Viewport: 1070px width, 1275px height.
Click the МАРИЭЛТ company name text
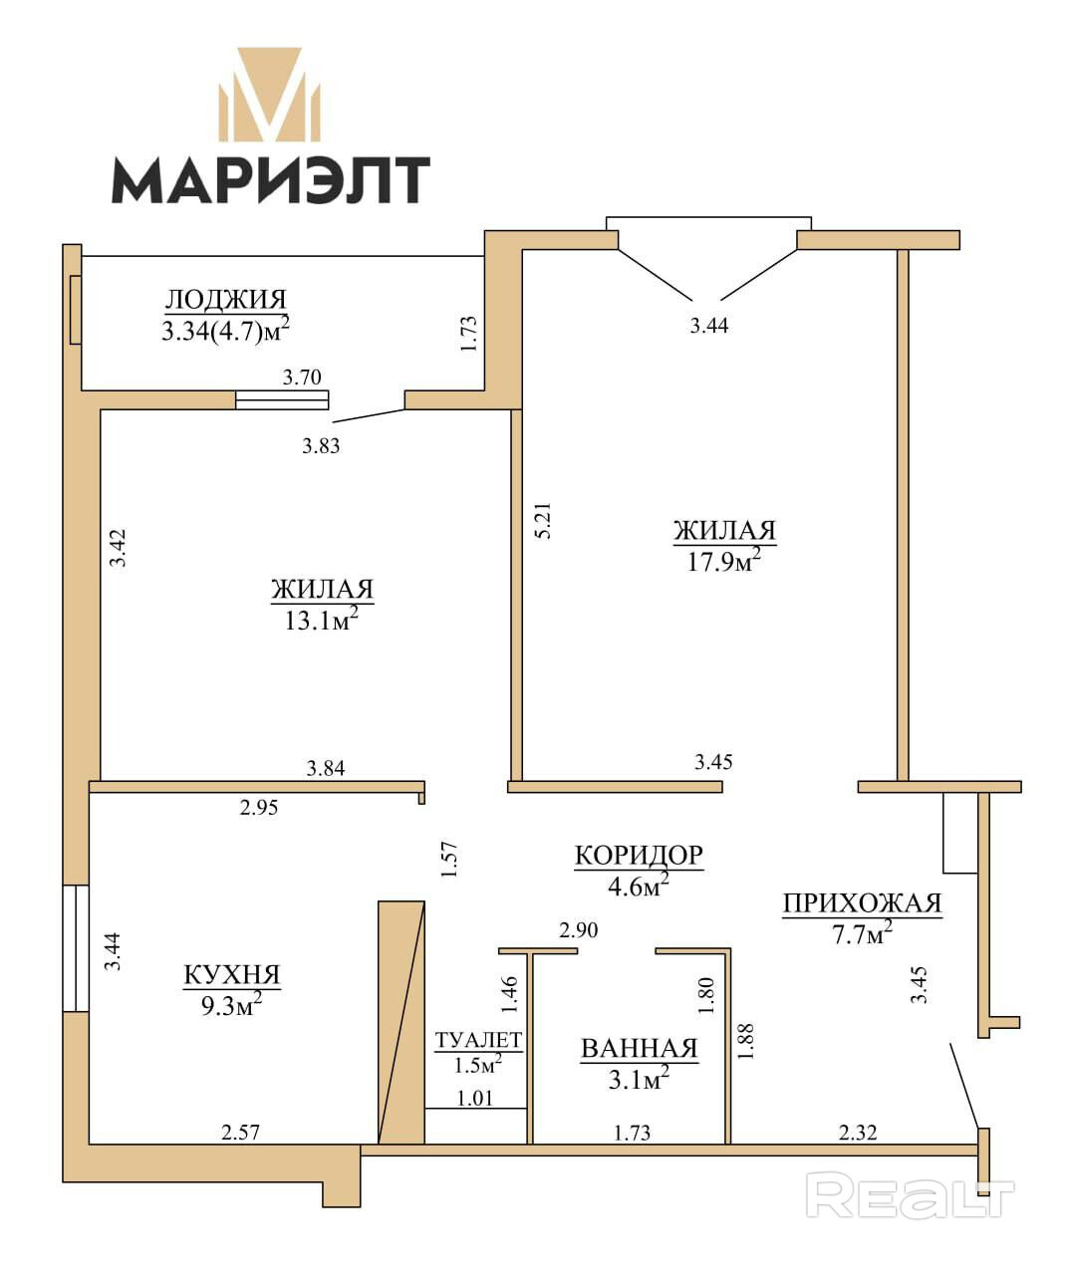pos(271,179)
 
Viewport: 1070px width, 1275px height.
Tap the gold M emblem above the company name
pos(269,96)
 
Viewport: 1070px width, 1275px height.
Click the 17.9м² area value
pos(724,560)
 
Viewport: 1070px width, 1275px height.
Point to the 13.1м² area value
pos(321,620)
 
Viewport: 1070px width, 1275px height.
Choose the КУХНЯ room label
pos(231,975)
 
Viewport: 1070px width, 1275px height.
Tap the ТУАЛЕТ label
pos(479,1040)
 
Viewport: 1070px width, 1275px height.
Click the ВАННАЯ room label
pos(639,1048)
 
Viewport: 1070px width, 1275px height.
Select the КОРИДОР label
pos(639,855)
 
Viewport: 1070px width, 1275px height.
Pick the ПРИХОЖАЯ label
pos(863,902)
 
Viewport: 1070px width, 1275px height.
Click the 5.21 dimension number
pos(543,520)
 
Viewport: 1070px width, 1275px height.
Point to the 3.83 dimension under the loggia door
pos(321,446)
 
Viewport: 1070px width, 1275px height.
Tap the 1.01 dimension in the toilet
pos(475,1099)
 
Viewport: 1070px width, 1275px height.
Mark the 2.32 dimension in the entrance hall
pos(858,1133)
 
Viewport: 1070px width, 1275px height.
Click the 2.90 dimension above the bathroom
pos(579,930)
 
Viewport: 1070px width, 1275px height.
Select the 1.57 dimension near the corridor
pos(449,860)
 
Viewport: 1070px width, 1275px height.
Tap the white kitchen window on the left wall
pos(77,948)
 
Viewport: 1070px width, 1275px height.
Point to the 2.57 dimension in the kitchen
pos(241,1133)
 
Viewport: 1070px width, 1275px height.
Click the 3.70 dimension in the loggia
pos(302,377)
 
